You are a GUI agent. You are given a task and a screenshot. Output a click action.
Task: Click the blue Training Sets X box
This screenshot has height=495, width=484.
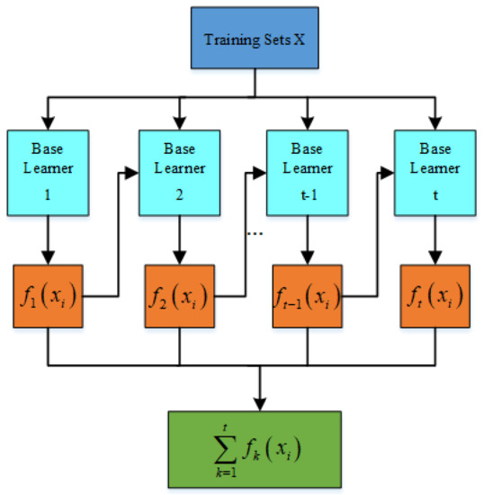coord(255,40)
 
